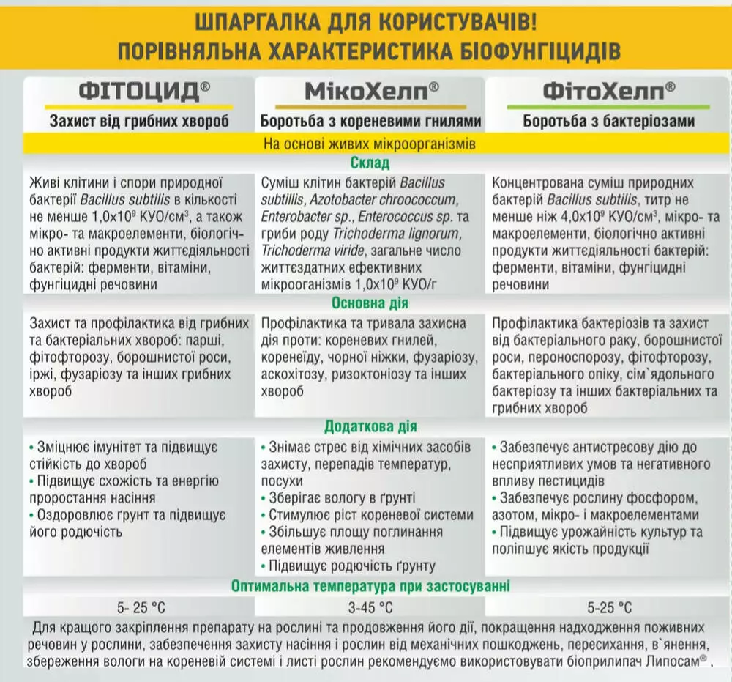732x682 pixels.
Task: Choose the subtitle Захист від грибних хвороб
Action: [x=139, y=121]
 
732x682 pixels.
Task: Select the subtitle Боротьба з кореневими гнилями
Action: [x=371, y=121]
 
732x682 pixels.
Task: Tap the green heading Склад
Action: [x=370, y=163]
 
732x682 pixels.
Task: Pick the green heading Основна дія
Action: [x=370, y=303]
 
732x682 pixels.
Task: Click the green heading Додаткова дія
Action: [x=370, y=426]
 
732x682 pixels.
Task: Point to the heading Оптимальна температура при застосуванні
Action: [x=370, y=586]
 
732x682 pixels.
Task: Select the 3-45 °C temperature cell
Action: [x=370, y=607]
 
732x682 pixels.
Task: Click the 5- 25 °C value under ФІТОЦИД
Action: [x=141, y=607]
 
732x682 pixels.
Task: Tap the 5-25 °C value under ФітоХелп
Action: [x=609, y=607]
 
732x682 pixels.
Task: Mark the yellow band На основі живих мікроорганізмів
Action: [x=370, y=144]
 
